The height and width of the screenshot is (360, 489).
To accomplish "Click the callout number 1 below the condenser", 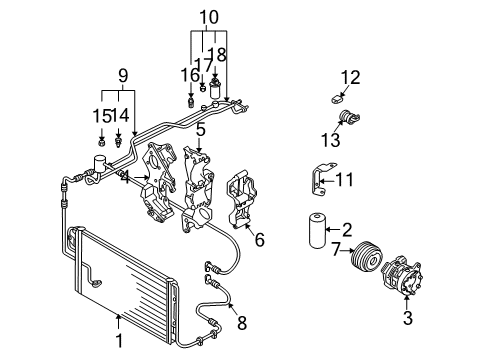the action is (x=119, y=341).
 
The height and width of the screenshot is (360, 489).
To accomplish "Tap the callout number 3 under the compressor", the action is (x=408, y=318).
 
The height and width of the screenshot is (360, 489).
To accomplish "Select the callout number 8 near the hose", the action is (x=242, y=322).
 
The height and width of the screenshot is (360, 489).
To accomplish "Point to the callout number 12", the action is (x=350, y=77).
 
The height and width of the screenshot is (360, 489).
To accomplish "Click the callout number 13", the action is (x=330, y=139).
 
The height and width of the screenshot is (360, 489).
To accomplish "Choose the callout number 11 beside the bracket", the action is (x=344, y=180).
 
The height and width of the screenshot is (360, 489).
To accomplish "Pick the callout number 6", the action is (x=260, y=239).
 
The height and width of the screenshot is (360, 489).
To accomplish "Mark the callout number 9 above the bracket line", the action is (x=123, y=76).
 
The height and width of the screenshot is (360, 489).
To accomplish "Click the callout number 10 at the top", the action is (x=209, y=17).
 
